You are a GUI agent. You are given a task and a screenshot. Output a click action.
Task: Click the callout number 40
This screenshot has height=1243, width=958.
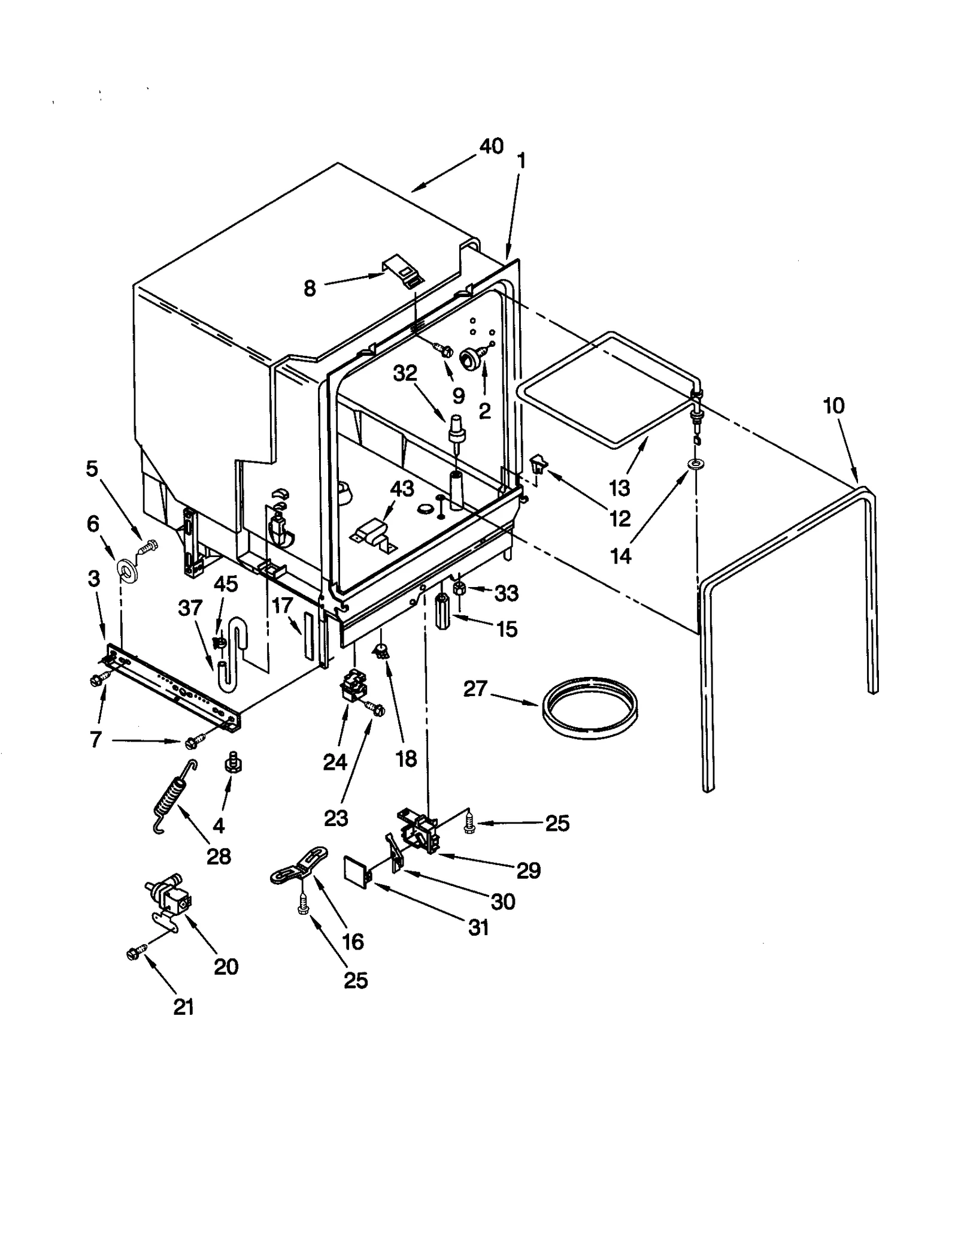(x=491, y=146)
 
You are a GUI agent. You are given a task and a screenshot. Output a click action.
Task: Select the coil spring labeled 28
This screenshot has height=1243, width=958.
(x=174, y=796)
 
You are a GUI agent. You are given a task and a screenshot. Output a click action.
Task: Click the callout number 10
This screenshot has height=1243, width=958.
(x=833, y=406)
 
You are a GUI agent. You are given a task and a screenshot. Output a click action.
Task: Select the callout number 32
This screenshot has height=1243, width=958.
(x=405, y=373)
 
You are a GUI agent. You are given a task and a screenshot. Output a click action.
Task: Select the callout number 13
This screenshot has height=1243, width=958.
(x=619, y=488)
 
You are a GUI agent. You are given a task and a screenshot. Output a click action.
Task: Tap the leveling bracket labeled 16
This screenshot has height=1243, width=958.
(x=299, y=866)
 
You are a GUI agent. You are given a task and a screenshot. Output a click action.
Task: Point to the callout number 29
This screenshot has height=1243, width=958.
(x=528, y=870)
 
